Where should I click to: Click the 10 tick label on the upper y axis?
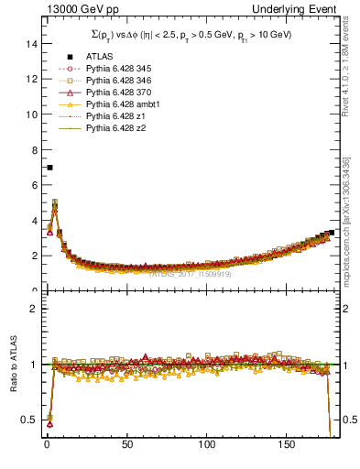pyautogui.click(x=30, y=115)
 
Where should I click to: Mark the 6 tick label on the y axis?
pyautogui.click(x=33, y=185)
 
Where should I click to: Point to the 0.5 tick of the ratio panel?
pyautogui.click(x=28, y=420)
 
